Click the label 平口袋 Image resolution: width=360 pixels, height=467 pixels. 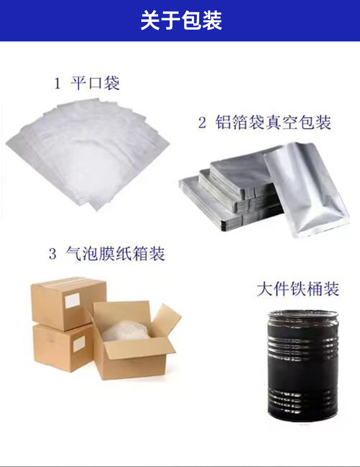pos(95,83)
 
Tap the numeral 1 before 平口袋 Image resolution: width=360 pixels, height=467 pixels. pos(57,84)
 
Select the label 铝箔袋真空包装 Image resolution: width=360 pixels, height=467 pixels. pos(273,123)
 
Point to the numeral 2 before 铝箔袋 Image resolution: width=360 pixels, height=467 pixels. pos(202,123)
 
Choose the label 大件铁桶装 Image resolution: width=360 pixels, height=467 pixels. pos(298,289)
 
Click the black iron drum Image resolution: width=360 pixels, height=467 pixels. pos(302,369)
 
